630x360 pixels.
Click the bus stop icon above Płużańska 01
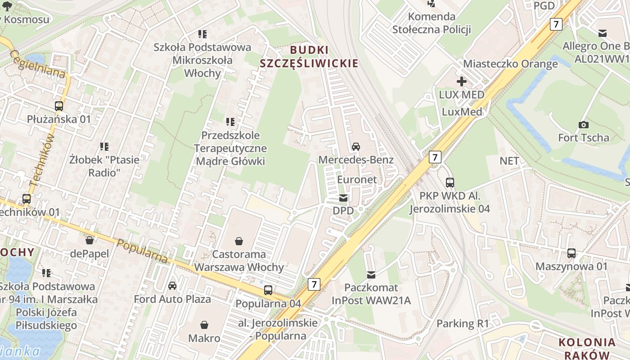click(59, 106)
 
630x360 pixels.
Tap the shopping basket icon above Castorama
click(238, 242)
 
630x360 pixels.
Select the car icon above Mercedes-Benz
click(356, 147)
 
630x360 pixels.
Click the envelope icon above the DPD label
click(343, 198)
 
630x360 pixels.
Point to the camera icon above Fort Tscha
click(583, 125)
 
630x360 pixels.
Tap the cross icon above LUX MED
click(462, 81)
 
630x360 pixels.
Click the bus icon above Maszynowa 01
click(571, 253)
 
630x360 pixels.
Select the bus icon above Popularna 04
click(268, 290)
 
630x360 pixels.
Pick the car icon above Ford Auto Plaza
click(172, 286)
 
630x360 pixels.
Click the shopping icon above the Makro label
click(204, 325)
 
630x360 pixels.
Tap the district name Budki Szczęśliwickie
click(309, 57)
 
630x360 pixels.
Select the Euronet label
click(357, 179)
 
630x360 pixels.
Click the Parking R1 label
click(463, 324)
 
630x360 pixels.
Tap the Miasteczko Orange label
click(510, 63)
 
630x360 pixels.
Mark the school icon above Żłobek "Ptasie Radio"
click(104, 146)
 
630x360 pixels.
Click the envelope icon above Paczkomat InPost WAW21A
click(371, 274)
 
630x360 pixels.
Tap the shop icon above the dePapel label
click(90, 240)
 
